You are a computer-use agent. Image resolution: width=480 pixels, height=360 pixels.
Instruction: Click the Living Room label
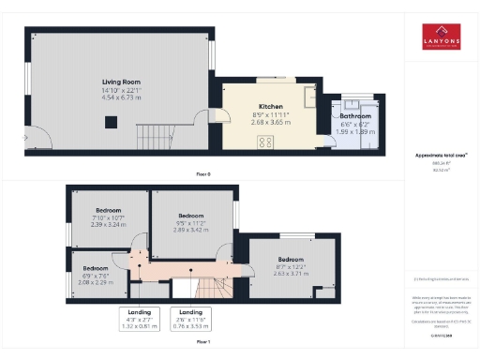coord(121,82)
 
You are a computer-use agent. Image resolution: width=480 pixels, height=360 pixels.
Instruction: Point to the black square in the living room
coord(111,119)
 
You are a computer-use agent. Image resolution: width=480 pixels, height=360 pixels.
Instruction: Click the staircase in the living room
coord(155,133)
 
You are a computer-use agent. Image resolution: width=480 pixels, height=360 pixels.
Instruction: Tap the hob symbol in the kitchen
coord(264,142)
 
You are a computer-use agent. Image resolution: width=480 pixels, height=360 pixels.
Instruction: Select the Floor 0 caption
coord(202,175)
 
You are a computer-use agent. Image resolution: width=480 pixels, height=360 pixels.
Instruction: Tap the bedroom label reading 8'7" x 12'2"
coord(290,266)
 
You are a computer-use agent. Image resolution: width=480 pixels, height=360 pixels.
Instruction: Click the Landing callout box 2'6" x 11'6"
coord(190,318)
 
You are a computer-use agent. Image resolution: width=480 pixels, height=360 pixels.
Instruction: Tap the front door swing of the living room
coord(35,135)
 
